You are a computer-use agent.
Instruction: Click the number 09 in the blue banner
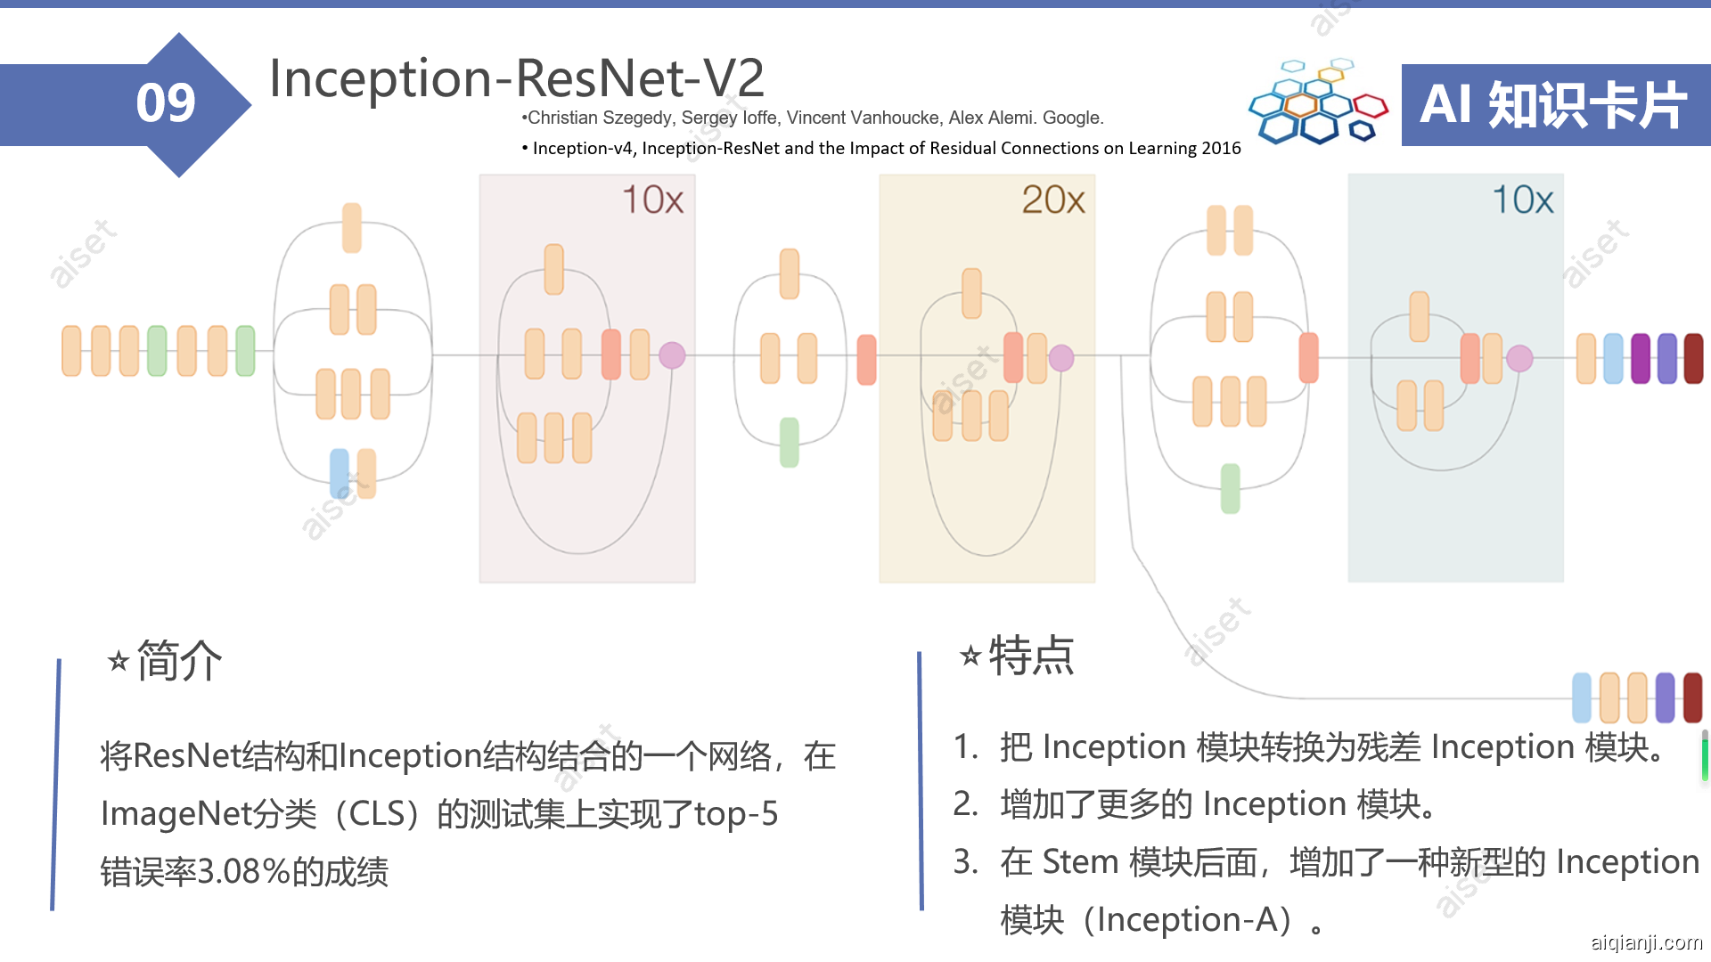(x=166, y=103)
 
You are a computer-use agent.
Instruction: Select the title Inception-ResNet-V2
(x=517, y=77)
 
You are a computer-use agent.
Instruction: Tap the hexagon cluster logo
(x=1318, y=102)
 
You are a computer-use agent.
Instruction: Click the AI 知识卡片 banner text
(x=1553, y=104)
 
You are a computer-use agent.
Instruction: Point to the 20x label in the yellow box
(x=1053, y=200)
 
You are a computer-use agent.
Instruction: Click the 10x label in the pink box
(x=653, y=200)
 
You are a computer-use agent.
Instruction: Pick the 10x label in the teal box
(x=1523, y=200)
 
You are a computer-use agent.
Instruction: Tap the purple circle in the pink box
(x=672, y=355)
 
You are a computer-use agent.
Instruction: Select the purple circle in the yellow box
(x=1061, y=358)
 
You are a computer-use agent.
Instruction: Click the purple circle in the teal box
(x=1519, y=358)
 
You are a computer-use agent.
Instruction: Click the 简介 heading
(x=179, y=661)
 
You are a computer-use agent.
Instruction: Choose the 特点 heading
(x=1032, y=656)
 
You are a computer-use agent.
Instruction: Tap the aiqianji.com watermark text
(x=1647, y=942)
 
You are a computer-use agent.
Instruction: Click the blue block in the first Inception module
(x=340, y=473)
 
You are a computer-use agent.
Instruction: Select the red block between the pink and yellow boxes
(x=866, y=360)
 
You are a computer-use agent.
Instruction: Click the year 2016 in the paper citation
(x=1221, y=148)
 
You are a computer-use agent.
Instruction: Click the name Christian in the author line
(x=562, y=118)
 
